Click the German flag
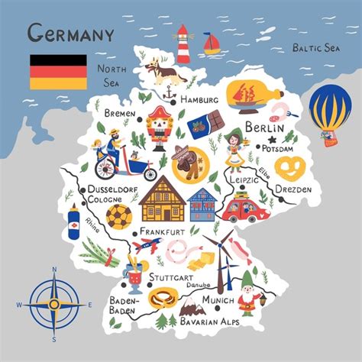[x=59, y=70]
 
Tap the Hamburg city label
[x=200, y=100]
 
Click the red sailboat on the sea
[x=212, y=44]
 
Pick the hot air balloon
[x=330, y=112]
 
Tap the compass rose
[x=53, y=304]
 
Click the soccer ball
[x=118, y=216]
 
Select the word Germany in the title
[x=70, y=34]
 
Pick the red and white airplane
[x=147, y=246]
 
